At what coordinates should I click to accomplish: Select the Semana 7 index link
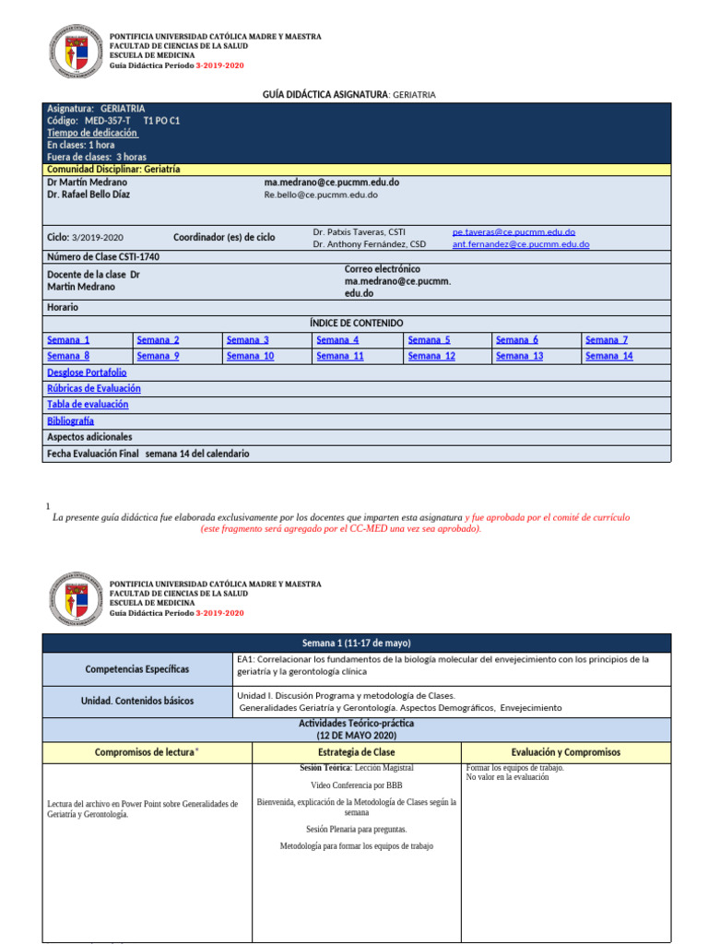pos(607,340)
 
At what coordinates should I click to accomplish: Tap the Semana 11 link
pos(339,356)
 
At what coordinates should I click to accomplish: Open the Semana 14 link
pos(608,356)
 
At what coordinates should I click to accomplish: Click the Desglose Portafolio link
pos(87,372)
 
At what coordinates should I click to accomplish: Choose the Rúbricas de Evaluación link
pos(94,388)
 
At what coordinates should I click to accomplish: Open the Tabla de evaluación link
pos(88,404)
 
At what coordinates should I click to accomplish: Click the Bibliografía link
pos(70,420)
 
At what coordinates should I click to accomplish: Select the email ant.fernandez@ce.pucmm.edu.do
pos(520,244)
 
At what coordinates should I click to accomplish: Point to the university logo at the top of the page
pos(73,52)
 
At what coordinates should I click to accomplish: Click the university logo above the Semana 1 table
pos(73,600)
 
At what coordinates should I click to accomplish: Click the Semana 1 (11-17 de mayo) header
pos(356,643)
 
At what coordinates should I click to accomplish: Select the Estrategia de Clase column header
pos(356,752)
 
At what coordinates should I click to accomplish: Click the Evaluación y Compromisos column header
pos(565,752)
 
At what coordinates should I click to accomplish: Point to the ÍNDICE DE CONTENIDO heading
pos(356,324)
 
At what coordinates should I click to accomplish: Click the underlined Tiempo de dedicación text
pos(91,133)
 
